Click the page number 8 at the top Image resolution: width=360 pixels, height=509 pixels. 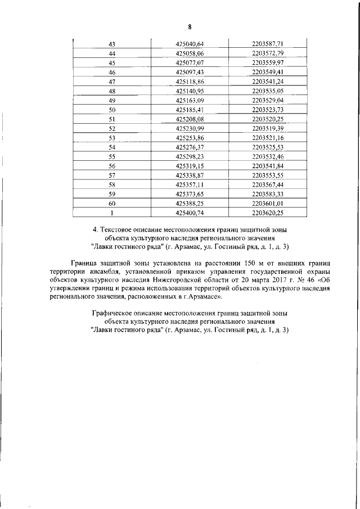(190, 26)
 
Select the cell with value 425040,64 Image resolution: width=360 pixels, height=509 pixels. (190, 43)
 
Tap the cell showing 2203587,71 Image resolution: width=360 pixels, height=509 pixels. (268, 43)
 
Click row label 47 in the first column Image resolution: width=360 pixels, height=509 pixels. (111, 82)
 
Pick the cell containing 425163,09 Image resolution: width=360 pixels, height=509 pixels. (190, 100)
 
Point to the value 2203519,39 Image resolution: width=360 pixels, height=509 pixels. (268, 129)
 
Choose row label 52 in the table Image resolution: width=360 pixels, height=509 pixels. (111, 129)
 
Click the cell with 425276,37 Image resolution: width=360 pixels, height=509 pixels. (190, 147)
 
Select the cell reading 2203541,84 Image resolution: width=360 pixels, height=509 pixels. (268, 166)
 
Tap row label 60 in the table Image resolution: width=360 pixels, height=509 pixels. (111, 204)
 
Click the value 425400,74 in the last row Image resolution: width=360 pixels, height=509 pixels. (190, 214)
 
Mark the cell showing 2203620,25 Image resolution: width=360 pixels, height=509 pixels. (268, 214)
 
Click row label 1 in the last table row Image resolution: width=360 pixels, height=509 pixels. (111, 214)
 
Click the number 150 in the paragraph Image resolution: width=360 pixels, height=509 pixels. (245, 262)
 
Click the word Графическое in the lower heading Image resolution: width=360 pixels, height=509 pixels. (114, 312)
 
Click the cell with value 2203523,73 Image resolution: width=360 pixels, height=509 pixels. (268, 110)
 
